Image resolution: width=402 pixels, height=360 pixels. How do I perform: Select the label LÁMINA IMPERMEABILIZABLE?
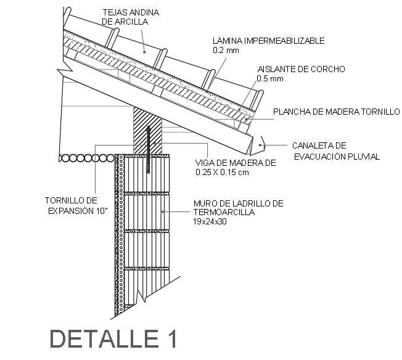tap(267, 41)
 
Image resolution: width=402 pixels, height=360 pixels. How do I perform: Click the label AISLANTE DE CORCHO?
tap(301, 69)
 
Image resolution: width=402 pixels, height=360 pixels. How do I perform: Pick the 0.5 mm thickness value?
tap(270, 78)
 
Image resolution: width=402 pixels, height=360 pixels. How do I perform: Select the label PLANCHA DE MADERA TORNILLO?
tap(336, 112)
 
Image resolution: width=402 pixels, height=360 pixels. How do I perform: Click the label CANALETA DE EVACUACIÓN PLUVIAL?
tap(336, 151)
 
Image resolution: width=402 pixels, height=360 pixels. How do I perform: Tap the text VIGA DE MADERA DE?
tap(235, 163)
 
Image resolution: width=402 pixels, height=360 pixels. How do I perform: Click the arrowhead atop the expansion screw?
tap(149, 130)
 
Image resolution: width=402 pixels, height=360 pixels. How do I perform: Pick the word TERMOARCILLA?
tap(224, 211)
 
